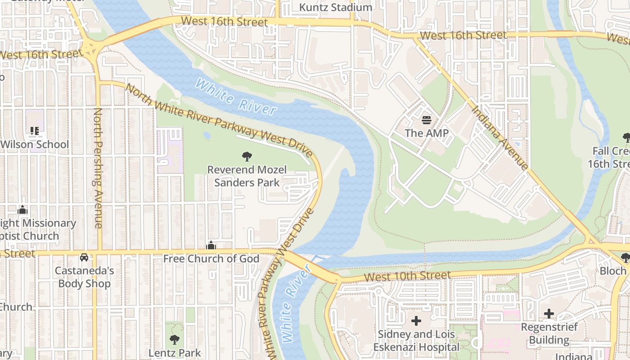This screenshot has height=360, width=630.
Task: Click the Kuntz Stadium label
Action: coord(336,8)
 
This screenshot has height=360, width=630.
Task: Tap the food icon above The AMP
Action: coord(427,120)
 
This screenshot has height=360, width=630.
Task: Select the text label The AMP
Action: coord(427,133)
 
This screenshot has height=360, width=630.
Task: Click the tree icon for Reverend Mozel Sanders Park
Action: coord(247,157)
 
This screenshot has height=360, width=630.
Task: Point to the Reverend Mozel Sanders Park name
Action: coord(247,176)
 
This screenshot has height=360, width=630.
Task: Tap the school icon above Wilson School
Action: coord(35,131)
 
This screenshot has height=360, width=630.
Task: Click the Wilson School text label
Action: coord(35,144)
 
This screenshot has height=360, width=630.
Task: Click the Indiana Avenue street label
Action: coord(499,138)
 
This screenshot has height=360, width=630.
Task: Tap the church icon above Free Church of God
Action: coord(211,246)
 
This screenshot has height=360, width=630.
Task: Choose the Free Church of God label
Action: coord(211,259)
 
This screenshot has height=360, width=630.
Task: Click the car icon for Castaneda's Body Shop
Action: coord(84,257)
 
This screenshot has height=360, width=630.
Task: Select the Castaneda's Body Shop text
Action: coord(85,277)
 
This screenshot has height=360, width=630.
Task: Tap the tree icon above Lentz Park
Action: coord(175,340)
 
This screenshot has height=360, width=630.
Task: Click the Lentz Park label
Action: coord(175,353)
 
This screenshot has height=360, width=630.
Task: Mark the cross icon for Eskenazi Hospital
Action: coord(416,321)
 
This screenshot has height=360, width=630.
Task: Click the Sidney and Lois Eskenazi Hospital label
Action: coord(416,341)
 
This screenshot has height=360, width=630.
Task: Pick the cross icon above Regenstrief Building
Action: coord(549,314)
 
